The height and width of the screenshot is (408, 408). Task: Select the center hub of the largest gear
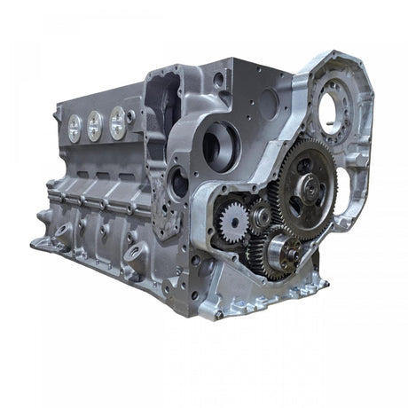pyautogui.click(x=308, y=187)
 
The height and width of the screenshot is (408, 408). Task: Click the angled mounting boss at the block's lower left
pyautogui.click(x=59, y=232)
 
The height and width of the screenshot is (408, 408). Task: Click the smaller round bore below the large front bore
pyautogui.click(x=179, y=183)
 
